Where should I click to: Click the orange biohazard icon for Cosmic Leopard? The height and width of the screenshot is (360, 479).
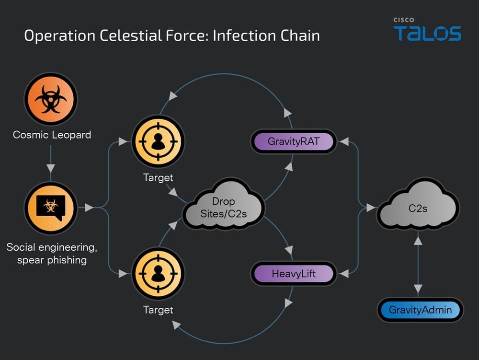click(x=51, y=99)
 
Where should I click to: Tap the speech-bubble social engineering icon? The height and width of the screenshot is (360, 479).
click(x=51, y=208)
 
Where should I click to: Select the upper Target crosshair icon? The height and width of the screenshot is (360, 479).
click(x=158, y=141)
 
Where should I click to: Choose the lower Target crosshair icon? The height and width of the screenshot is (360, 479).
click(x=158, y=274)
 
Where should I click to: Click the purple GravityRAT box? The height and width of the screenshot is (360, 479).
click(x=293, y=141)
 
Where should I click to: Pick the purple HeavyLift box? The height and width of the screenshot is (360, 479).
click(x=293, y=274)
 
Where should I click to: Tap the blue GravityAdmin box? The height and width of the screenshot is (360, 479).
click(x=420, y=310)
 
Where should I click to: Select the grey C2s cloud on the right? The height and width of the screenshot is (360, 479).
click(x=418, y=204)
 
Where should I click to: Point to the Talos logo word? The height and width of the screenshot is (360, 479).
click(x=427, y=33)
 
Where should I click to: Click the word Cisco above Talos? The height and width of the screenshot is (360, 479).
click(x=404, y=20)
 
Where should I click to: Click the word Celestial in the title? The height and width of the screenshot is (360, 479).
click(x=131, y=35)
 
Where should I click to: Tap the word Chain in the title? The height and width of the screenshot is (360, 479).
click(x=300, y=35)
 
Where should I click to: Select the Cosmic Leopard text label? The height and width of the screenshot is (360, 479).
click(x=52, y=135)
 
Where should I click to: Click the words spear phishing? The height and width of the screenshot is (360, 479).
click(x=52, y=260)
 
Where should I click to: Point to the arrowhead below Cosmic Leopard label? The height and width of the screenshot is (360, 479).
click(x=51, y=168)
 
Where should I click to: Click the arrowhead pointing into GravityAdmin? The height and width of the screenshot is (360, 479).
click(x=418, y=289)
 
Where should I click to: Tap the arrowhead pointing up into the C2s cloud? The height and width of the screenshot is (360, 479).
click(x=418, y=241)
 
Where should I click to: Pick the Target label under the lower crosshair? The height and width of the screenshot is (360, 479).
click(x=158, y=310)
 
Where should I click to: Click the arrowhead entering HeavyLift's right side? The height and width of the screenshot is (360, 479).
click(x=344, y=274)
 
